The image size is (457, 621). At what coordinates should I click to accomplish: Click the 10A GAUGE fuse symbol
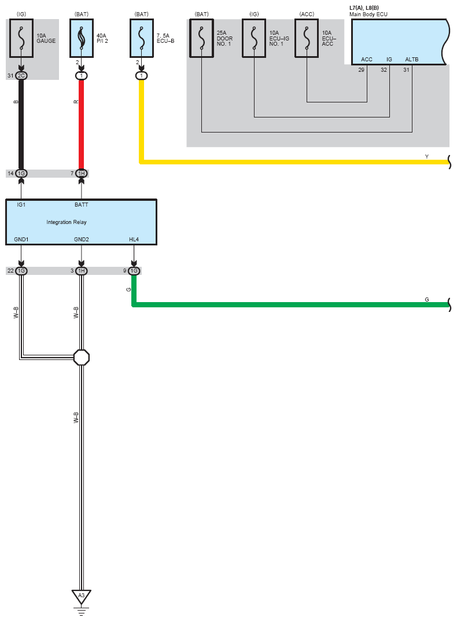(x=21, y=39)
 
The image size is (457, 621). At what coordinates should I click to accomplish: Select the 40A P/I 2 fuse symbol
(x=81, y=39)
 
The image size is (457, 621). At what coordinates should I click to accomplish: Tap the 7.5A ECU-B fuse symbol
(x=141, y=39)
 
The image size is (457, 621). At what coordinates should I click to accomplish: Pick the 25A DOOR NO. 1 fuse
(x=201, y=39)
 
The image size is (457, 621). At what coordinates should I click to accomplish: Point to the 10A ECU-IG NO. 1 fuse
(x=255, y=39)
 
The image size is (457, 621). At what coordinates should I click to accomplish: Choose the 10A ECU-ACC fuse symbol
(x=307, y=39)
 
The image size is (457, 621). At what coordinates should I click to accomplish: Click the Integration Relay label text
(x=67, y=222)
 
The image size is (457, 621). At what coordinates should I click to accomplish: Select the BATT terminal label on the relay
(x=81, y=204)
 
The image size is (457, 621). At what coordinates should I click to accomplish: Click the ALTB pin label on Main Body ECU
(x=411, y=60)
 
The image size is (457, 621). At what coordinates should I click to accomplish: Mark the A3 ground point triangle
(x=81, y=596)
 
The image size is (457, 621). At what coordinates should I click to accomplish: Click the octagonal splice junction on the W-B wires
(x=82, y=357)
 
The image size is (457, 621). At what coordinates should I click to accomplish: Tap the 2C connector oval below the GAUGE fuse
(x=21, y=76)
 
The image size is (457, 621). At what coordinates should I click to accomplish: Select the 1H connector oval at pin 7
(x=82, y=174)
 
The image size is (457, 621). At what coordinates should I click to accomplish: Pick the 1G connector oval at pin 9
(x=134, y=271)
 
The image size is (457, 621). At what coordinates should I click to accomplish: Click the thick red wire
(x=82, y=124)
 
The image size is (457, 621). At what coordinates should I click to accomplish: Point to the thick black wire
(x=21, y=124)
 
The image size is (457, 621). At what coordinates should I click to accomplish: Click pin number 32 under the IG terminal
(x=384, y=69)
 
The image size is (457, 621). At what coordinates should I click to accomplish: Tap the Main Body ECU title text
(x=368, y=13)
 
